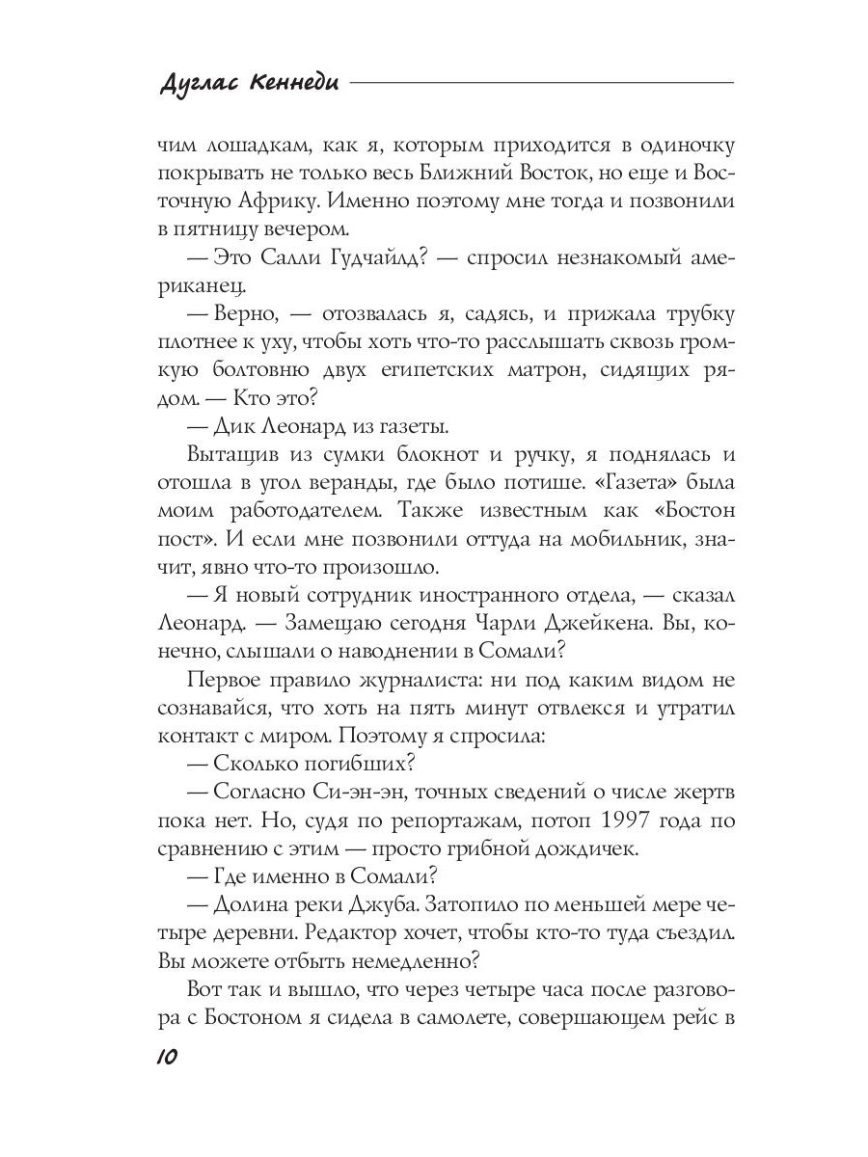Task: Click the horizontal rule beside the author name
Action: click(541, 84)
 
